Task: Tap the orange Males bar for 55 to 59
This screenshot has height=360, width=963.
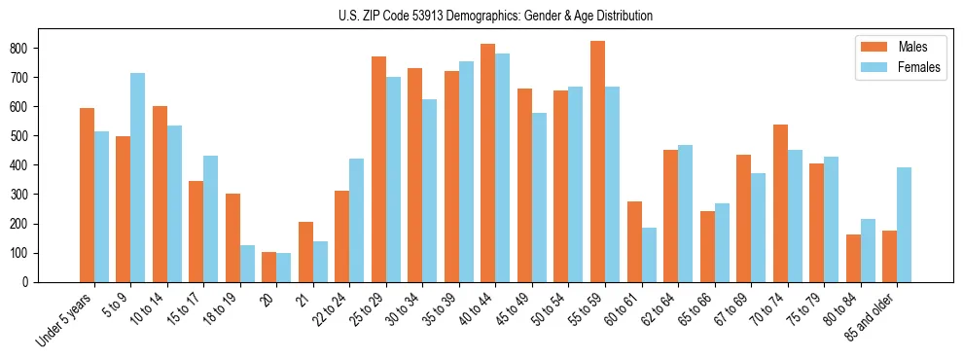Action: pos(597,162)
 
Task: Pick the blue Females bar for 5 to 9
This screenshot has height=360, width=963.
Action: pos(138,177)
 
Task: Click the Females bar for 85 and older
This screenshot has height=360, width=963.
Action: pos(904,225)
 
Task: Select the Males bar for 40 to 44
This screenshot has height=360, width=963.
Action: pos(488,162)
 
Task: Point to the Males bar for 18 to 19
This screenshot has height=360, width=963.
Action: pos(232,237)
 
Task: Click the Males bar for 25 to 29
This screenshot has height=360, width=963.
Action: pos(378,169)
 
